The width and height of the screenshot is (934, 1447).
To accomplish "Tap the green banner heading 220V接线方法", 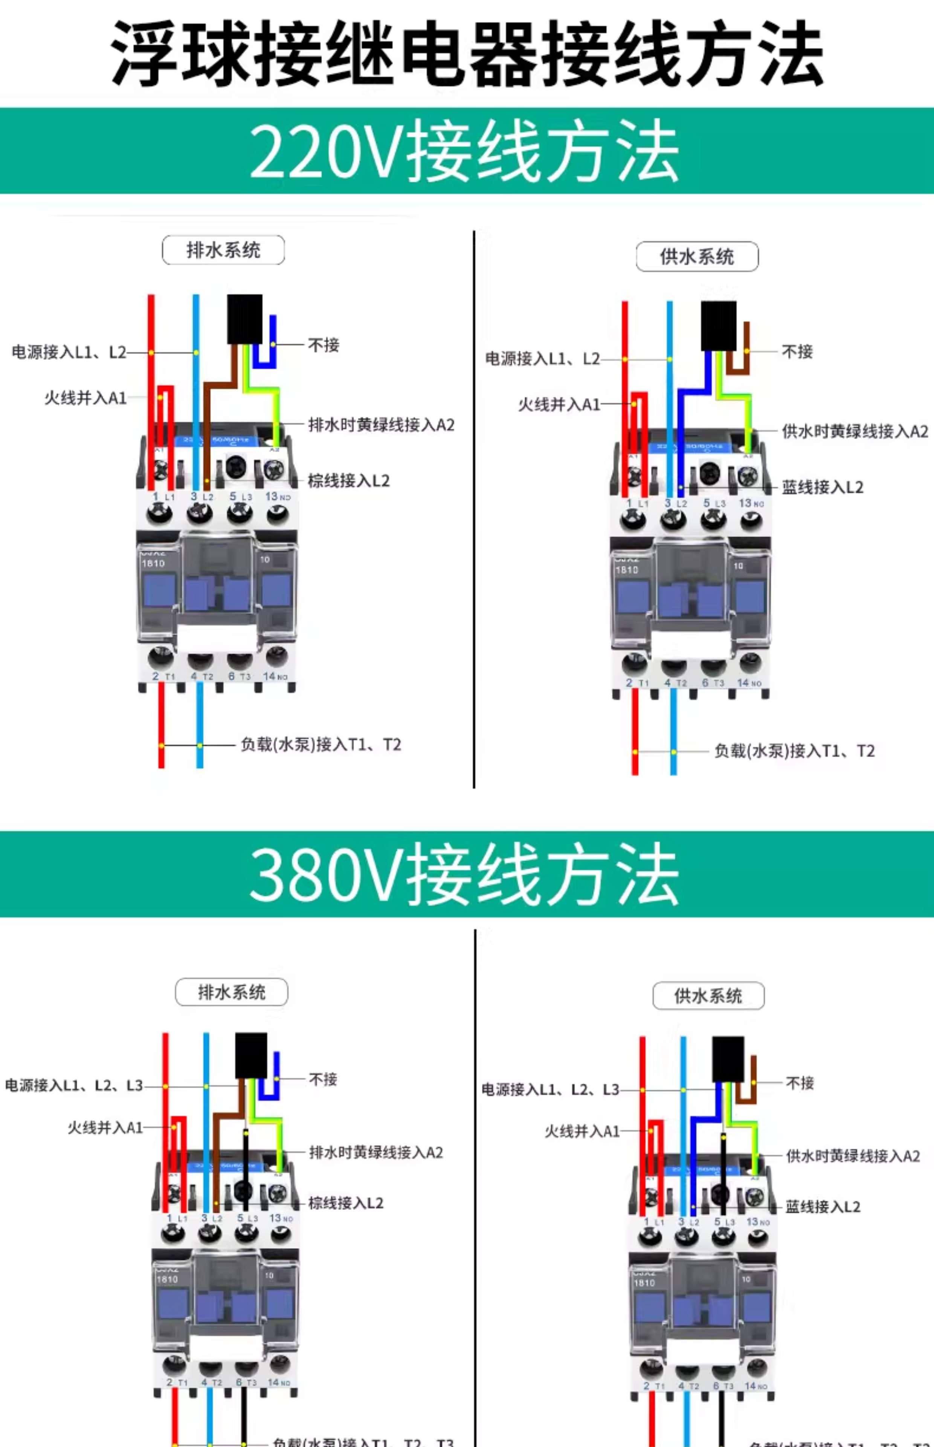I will (x=464, y=150).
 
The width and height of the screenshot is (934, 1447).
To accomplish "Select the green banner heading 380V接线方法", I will (x=464, y=875).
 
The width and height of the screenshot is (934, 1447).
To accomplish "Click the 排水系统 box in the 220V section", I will (x=223, y=250).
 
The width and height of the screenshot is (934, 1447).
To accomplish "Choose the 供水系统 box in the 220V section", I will (x=697, y=257).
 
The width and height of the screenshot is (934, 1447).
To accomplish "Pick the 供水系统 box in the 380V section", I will (x=708, y=996).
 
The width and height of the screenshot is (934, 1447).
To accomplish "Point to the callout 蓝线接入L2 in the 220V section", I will (x=823, y=487).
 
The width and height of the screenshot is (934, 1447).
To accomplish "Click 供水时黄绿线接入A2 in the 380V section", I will (x=853, y=1156).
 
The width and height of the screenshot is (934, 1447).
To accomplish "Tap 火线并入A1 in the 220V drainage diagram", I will (x=85, y=398).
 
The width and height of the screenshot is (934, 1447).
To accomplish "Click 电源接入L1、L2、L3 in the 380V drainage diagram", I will (x=74, y=1085).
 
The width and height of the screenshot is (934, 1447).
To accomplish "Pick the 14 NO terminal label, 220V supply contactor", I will (x=749, y=682).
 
